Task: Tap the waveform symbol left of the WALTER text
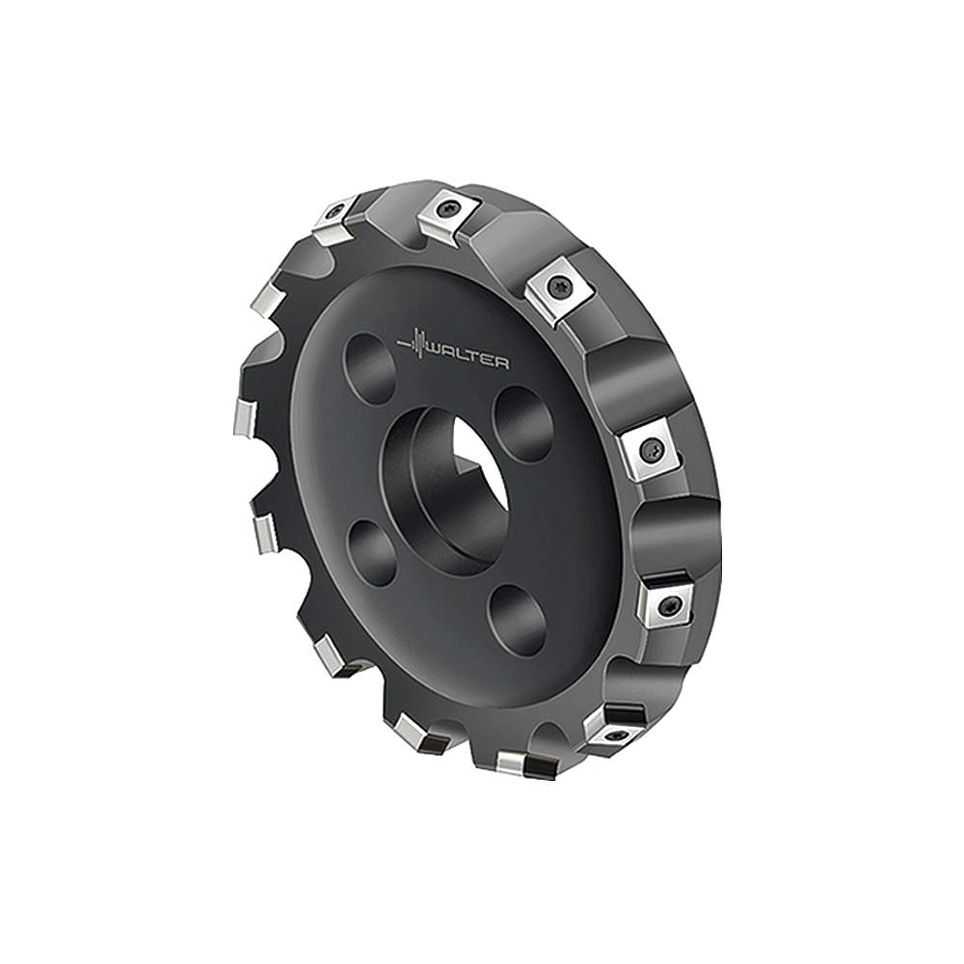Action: tap(415, 343)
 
